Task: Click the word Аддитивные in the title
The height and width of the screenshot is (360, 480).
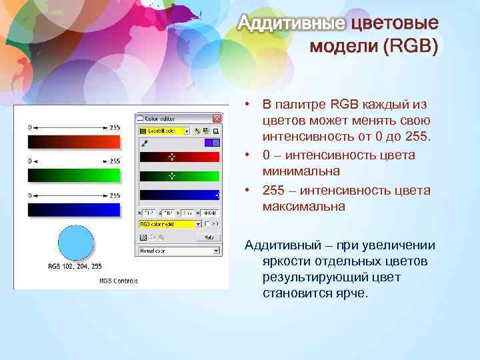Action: coord(292,25)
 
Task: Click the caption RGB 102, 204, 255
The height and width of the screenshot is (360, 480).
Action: coord(75,266)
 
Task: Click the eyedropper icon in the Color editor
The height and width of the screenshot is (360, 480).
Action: coord(143,142)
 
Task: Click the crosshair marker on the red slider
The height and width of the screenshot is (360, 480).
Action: coord(171,157)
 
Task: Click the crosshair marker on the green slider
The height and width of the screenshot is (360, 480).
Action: coord(171,176)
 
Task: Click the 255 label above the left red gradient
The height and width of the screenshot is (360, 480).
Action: coord(115,127)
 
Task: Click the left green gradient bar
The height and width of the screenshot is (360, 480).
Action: coord(73,175)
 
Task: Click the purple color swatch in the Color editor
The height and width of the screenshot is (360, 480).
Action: coord(208,142)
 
